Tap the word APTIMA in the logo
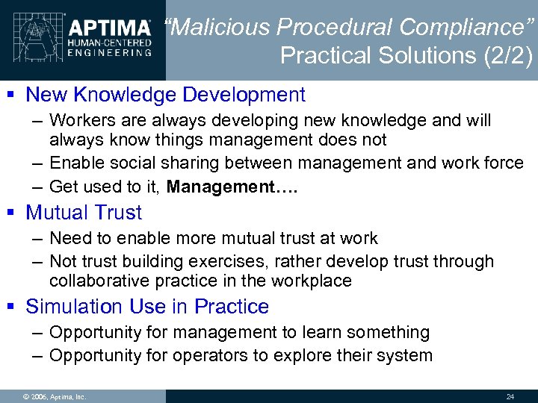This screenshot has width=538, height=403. point(110,28)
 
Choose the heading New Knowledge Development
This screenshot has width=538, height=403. point(165,95)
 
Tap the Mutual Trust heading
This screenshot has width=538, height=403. point(83,213)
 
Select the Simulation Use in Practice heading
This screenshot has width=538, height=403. point(147,307)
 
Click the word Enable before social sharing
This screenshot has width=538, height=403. point(75,163)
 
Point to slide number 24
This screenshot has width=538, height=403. point(510,396)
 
